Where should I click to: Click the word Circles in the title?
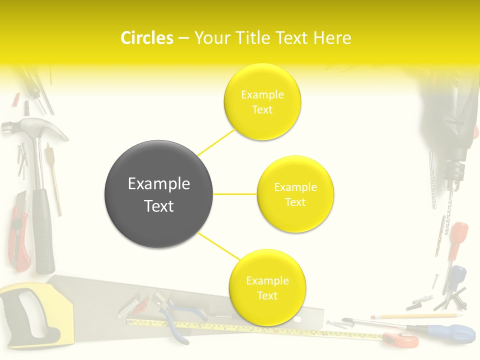[x=147, y=38]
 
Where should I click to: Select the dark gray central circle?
[x=158, y=194]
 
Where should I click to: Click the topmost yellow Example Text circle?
[x=262, y=101]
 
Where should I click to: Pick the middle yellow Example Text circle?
[x=295, y=194]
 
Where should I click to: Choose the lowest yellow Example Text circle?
[x=267, y=287]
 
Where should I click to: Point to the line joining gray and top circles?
[x=216, y=142]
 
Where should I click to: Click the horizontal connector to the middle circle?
[x=235, y=194]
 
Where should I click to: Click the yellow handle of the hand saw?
[x=30, y=315]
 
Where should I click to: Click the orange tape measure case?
[x=403, y=340]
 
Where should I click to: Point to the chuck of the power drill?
[x=453, y=172]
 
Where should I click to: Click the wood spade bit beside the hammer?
[x=54, y=175]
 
